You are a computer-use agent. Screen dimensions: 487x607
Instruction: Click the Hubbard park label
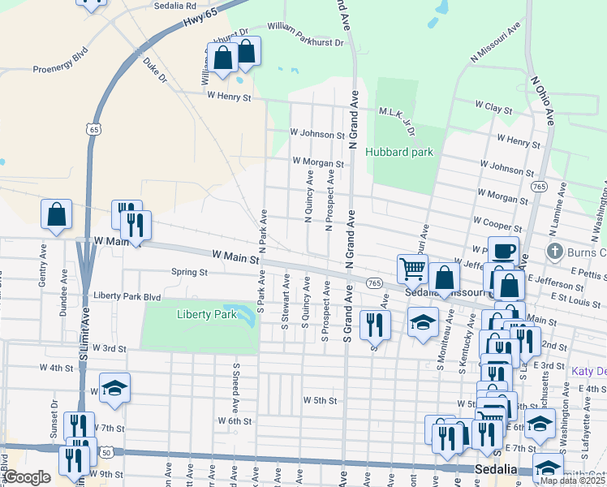pyautogui.click(x=398, y=152)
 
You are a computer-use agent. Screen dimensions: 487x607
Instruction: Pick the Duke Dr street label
pyautogui.click(x=154, y=71)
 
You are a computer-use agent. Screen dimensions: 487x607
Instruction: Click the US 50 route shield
pyautogui.click(x=106, y=450)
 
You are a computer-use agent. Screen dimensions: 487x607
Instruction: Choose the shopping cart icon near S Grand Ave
pyautogui.click(x=412, y=268)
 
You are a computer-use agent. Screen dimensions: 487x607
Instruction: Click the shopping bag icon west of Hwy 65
pyautogui.click(x=57, y=215)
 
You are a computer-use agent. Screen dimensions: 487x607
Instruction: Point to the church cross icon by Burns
pyautogui.click(x=555, y=251)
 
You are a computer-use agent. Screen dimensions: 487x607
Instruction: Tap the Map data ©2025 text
pyautogui.click(x=572, y=481)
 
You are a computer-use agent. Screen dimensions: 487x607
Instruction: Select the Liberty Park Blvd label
pyautogui.click(x=127, y=296)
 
